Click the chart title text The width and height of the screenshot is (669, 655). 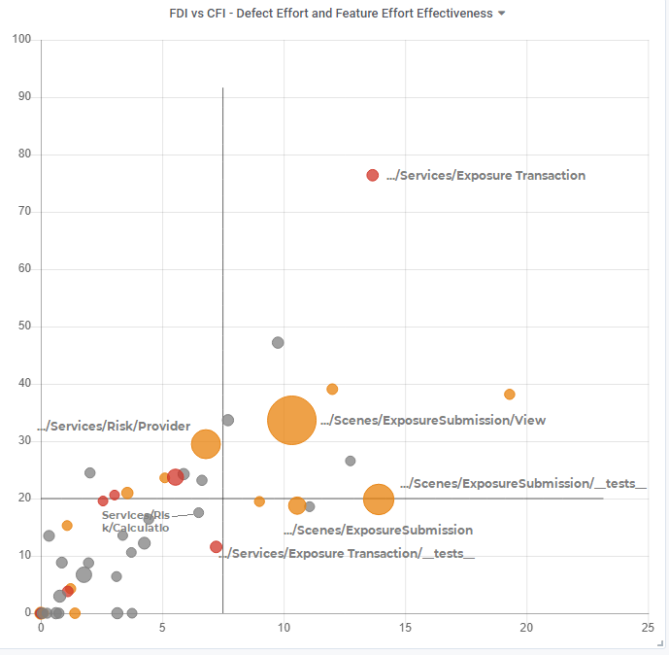330,14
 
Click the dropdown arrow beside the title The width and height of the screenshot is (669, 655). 501,14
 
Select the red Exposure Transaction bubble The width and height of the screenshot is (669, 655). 372,175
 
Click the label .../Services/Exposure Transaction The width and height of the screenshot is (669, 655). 485,176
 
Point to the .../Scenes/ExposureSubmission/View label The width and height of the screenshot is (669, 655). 433,421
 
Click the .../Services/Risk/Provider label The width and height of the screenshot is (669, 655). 114,427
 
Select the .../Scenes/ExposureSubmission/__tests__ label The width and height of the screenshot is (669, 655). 523,483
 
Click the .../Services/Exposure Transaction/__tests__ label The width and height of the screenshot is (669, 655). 348,554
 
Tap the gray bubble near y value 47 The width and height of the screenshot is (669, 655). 278,343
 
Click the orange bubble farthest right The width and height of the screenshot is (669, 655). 509,395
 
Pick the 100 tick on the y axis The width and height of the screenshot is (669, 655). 22,40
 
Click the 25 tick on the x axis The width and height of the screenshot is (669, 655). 648,629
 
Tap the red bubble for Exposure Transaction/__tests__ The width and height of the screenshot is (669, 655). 216,547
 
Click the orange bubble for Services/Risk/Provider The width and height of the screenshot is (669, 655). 206,444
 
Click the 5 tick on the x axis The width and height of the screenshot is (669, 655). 162,629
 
